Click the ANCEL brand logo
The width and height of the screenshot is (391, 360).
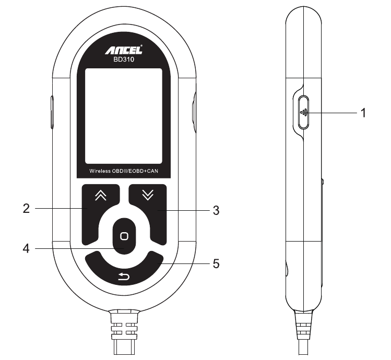coord(124,50)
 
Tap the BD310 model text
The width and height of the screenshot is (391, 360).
coord(124,59)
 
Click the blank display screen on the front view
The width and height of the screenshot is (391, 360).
coord(124,116)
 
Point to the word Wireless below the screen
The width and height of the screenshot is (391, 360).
coord(100,171)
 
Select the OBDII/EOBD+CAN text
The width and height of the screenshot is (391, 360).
coord(135,171)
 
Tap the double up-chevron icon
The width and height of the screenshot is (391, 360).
coord(101,195)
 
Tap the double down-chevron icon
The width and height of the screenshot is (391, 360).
coord(148,195)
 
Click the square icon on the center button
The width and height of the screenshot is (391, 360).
coord(124,236)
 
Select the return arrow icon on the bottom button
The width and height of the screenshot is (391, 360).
coord(124,277)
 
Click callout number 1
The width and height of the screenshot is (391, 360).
coord(363,113)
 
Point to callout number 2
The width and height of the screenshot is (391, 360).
coord(26,208)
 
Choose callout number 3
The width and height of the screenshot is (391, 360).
coord(216,210)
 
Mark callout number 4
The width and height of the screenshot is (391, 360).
coord(26,248)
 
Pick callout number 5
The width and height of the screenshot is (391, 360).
coord(216,264)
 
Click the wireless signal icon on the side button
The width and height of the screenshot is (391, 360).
coord(304,113)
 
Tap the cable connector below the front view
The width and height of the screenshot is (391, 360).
coord(124,332)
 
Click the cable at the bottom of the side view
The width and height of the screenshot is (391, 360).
coord(304,332)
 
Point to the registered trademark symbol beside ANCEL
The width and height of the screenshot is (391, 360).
coord(141,45)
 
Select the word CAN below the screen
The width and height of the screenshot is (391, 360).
coord(152,171)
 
